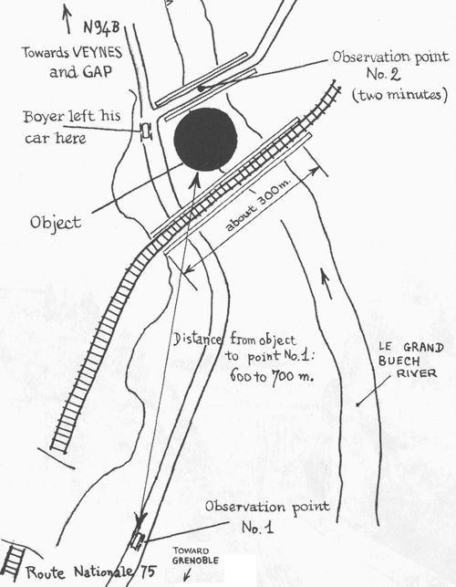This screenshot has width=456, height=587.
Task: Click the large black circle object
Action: coord(205,140)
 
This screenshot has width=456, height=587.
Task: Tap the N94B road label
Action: coord(101,28)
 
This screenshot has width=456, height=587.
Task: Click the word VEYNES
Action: coord(98,52)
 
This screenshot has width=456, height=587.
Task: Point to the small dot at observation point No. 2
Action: coord(201,89)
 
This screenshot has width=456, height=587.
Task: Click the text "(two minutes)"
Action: coord(399,94)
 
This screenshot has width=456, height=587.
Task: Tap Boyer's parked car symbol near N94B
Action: coord(146,131)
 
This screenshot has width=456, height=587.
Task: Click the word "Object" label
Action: coord(56,223)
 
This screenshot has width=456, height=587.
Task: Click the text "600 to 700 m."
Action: coord(272,375)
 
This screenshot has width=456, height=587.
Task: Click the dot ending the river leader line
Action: coord(358,404)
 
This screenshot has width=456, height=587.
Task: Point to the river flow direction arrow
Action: coord(326,283)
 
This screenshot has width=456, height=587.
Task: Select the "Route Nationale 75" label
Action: coord(90,572)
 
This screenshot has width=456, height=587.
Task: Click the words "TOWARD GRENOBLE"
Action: coord(195,556)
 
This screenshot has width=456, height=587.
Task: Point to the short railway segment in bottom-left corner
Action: coord(13,563)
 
